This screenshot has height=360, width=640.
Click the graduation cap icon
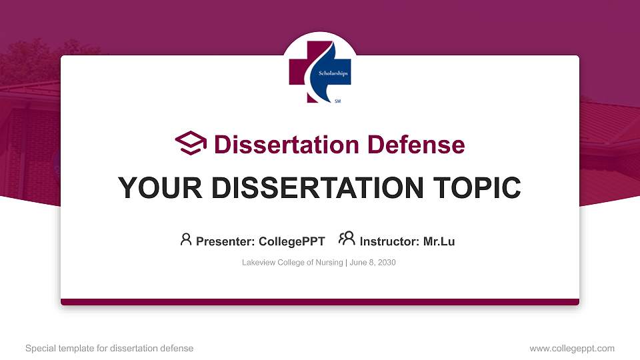pos(191,144)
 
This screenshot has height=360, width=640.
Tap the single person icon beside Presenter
pos(186,239)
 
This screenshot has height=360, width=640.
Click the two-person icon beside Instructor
pos(347,239)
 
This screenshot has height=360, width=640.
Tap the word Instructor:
pos(389,241)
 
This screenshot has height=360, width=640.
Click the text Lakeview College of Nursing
pos(292,263)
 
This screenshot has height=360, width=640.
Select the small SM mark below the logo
pos(337,100)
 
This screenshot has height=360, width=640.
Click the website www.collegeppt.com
pos(571,348)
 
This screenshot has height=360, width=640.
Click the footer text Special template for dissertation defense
pos(109,348)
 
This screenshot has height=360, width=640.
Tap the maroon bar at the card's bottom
pos(320,302)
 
